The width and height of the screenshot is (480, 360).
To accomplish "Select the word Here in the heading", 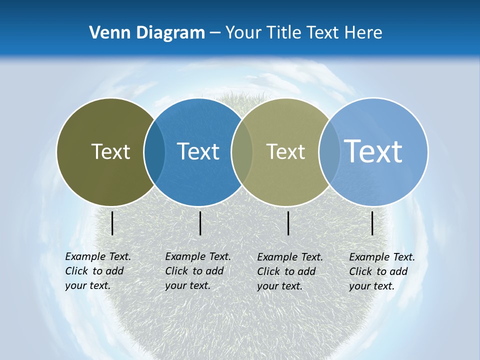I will click(363, 33).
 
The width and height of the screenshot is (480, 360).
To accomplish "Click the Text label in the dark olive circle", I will click(110, 151).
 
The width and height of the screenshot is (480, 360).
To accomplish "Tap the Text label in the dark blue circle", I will click(198, 151).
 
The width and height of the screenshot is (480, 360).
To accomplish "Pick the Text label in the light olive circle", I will click(285, 151).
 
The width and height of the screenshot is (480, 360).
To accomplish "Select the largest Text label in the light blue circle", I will click(373, 151).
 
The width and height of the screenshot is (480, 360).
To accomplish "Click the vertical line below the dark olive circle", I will click(112, 223).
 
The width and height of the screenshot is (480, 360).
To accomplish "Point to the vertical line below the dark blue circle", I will click(200, 223).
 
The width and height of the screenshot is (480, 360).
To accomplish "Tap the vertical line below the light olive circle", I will click(288, 223).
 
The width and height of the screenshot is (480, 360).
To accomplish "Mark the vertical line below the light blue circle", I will click(372, 223).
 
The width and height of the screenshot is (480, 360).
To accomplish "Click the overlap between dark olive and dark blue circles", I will click(154, 152).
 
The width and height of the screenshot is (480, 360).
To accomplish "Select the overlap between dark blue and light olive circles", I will click(242, 152).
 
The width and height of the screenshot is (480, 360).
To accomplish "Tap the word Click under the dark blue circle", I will click(176, 271).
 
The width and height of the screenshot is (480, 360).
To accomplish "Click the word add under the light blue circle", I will click(399, 271).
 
